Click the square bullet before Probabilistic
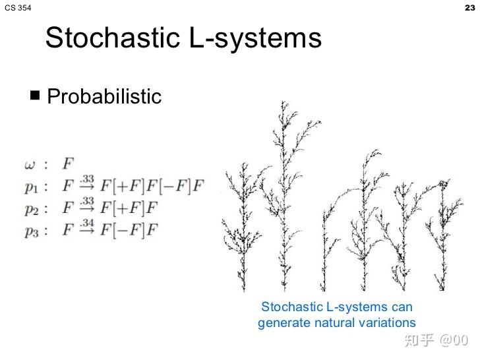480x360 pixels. [x=36, y=96]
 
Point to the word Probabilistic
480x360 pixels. [x=104, y=96]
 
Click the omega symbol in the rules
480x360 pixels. [x=30, y=162]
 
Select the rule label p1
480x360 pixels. [x=32, y=187]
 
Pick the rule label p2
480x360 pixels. [x=32, y=209]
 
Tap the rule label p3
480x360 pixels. [x=32, y=231]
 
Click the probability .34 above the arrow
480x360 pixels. [x=87, y=224]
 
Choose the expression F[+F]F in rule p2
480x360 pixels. [x=130, y=208]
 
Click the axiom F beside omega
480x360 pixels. [x=68, y=162]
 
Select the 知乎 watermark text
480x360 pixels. [x=419, y=340]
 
